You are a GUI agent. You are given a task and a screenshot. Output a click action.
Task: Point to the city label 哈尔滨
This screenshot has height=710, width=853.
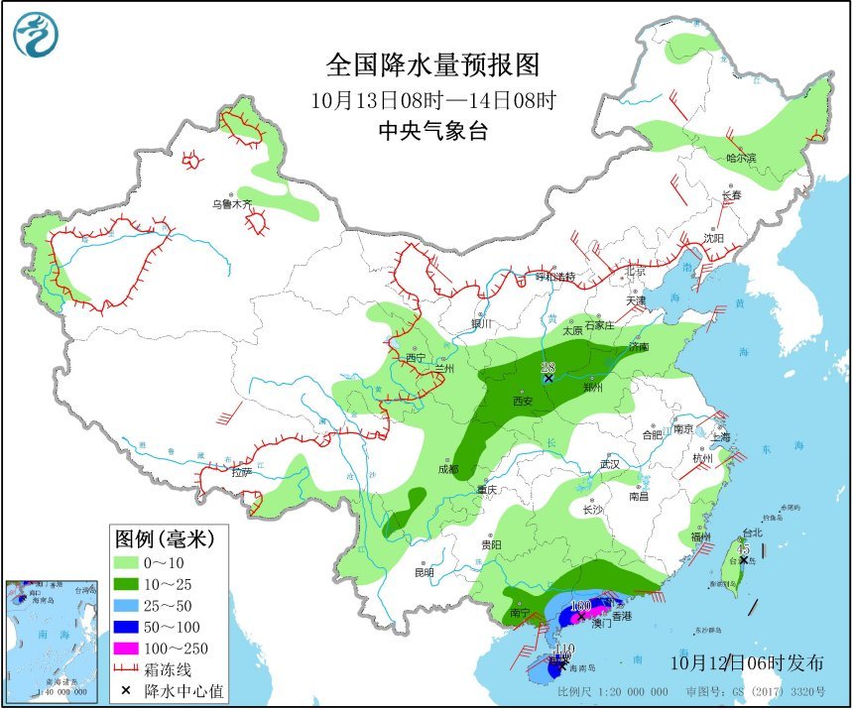click(x=740, y=158)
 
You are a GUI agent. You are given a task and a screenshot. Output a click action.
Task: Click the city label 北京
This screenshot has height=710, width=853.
click(x=635, y=271)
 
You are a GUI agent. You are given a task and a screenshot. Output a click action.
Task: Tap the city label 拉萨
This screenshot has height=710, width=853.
click(x=242, y=473)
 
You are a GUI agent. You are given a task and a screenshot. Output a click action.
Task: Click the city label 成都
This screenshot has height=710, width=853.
click(x=446, y=469)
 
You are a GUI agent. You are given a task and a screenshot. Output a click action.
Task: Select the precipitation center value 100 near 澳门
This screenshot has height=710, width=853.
click(x=581, y=606)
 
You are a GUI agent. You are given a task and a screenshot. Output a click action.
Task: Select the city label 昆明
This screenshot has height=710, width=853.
click(x=425, y=573)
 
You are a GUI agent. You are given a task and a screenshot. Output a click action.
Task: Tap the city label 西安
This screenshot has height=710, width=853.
click(x=523, y=402)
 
